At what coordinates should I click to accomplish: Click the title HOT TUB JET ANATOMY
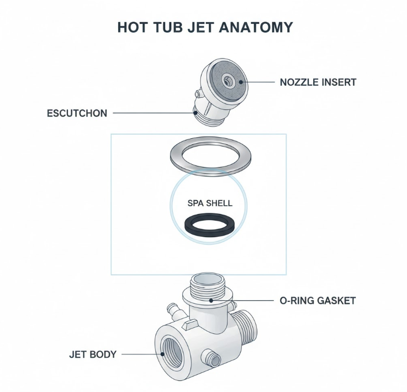(205, 27)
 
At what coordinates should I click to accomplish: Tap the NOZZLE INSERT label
(318, 82)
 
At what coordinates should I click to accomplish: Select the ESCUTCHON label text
(77, 113)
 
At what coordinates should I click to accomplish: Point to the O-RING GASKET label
(316, 301)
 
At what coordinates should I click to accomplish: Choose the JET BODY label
(93, 354)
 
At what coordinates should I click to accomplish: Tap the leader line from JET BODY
(141, 354)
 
